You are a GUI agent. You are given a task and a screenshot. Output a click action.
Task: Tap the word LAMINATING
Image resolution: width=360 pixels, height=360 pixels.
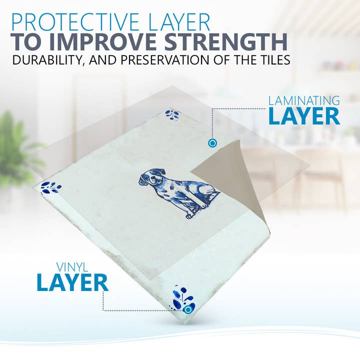(x=304, y=100)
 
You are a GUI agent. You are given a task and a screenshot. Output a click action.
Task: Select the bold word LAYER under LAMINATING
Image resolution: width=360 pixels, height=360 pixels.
(x=304, y=116)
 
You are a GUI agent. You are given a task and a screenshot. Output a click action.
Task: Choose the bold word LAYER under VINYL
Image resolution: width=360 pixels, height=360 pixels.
(x=72, y=283)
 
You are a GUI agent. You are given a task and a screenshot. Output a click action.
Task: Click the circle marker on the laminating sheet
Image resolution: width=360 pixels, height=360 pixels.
(x=212, y=143)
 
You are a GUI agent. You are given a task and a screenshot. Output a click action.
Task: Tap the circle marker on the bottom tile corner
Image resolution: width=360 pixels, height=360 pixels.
(x=187, y=309)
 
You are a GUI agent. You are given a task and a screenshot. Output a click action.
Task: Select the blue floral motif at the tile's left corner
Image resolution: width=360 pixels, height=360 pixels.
(x=50, y=187)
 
